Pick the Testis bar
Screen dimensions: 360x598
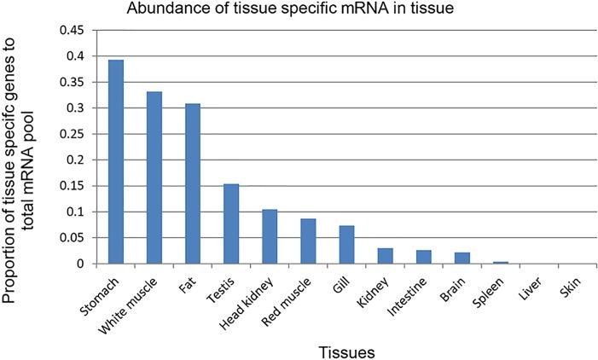pos(231,224)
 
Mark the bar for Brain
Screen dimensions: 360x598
pos(462,258)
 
